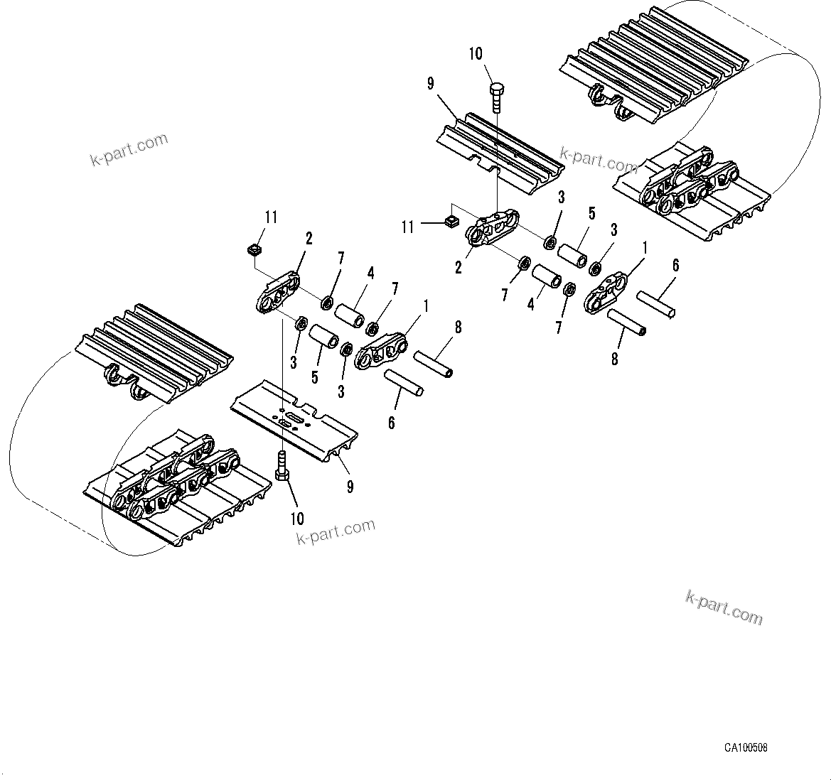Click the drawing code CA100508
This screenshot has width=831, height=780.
coord(746,747)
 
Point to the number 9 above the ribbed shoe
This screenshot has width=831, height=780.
coord(431,85)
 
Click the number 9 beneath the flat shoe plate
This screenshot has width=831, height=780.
coord(350,487)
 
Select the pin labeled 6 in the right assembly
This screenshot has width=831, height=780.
coord(655,303)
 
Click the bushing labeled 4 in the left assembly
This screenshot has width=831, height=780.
coord(350,314)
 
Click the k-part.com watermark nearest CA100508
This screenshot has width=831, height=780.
coord(724,608)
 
